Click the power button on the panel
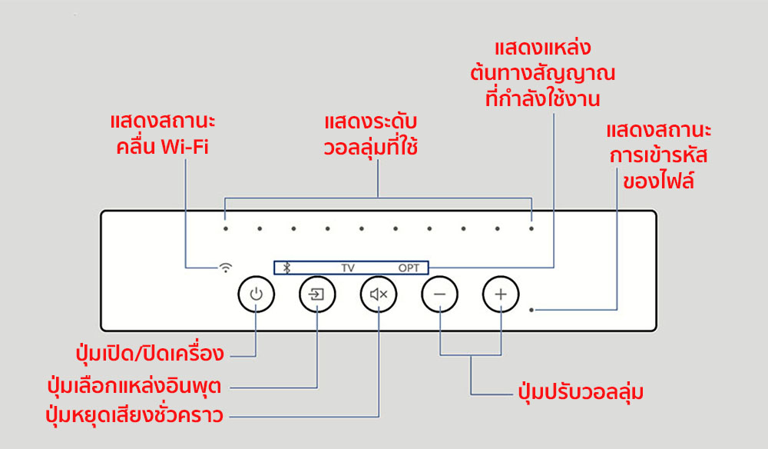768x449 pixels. click(x=257, y=294)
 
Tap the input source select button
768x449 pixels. click(x=317, y=294)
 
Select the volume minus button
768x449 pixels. click(x=439, y=294)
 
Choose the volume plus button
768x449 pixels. click(x=501, y=294)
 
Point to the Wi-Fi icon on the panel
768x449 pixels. click(x=226, y=268)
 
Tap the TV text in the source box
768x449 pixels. click(x=348, y=268)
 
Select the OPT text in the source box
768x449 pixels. click(x=409, y=268)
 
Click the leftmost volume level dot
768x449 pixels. click(x=226, y=228)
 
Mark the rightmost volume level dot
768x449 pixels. click(x=531, y=228)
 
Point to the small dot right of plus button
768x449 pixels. click(x=531, y=310)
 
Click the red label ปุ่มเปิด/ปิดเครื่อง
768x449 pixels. click(x=149, y=354)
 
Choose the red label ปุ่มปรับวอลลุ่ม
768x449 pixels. click(x=580, y=393)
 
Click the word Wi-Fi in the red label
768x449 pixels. click(x=185, y=147)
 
